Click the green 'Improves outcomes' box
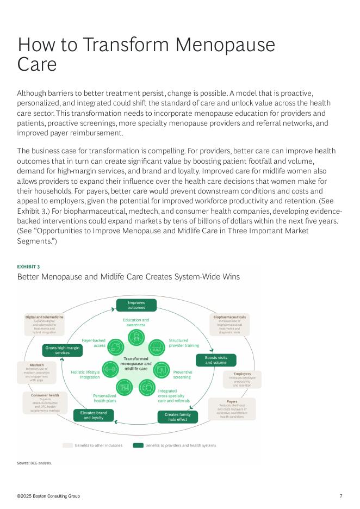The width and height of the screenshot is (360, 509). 136,305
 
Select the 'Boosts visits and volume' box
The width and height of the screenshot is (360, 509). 216,360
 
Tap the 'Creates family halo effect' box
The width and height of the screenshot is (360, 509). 177,417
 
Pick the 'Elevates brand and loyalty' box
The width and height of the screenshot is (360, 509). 94,415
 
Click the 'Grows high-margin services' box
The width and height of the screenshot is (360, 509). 62,350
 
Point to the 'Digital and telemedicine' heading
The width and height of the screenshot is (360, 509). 45,316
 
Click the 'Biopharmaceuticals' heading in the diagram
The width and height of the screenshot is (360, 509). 229,316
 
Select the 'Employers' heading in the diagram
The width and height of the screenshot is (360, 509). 242,389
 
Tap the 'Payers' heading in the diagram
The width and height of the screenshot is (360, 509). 232,401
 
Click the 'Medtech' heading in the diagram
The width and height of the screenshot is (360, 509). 36,365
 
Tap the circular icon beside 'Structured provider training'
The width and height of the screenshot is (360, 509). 156,346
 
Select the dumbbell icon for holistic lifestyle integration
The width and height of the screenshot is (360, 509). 110,369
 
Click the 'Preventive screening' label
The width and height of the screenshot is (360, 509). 182,375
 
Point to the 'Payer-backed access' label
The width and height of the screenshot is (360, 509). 94,343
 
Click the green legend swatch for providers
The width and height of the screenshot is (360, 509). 138,445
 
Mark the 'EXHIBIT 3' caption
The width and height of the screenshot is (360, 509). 28,266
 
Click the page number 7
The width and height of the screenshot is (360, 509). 340,496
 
